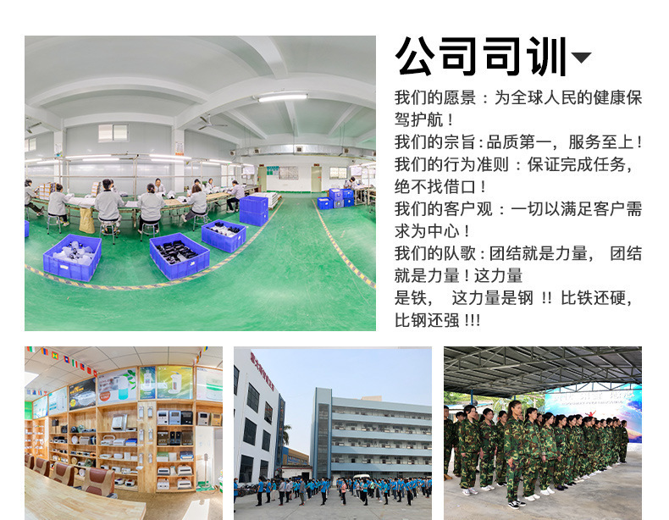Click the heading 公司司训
pyautogui.click(x=481, y=56)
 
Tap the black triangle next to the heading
pyautogui.click(x=581, y=57)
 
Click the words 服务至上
pyautogui.click(x=600, y=142)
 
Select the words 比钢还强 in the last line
pyautogui.click(x=427, y=320)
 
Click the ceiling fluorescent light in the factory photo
pyautogui.click(x=282, y=97)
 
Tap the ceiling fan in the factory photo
pyautogui.click(x=212, y=123)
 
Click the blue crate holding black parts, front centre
pyautogui.click(x=180, y=256)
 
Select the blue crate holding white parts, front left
pyautogui.click(x=72, y=257)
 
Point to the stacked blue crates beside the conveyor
pyautogui.click(x=253, y=211)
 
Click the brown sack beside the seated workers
pyautogui.click(x=86, y=220)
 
